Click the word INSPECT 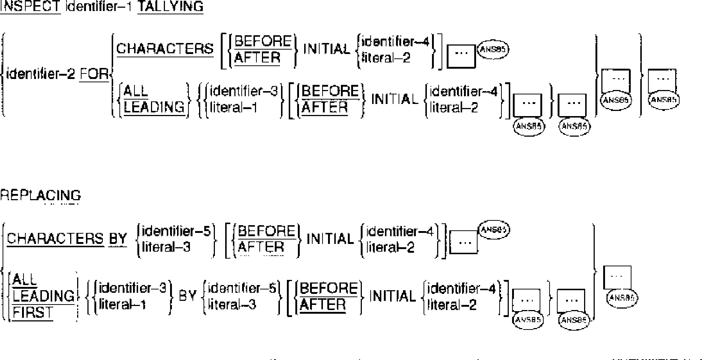pyautogui.click(x=30, y=6)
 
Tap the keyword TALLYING pyautogui.click(x=170, y=6)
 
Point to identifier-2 pyautogui.click(x=40, y=75)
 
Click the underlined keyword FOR pyautogui.click(x=94, y=75)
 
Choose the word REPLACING pyautogui.click(x=40, y=195)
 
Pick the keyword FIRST pyautogui.click(x=33, y=313)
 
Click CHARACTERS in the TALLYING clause pyautogui.click(x=165, y=49)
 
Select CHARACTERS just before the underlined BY pyautogui.click(x=55, y=239)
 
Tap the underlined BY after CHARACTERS pyautogui.click(x=118, y=239)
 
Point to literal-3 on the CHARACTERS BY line pyautogui.click(x=166, y=247)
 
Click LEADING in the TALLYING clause pyautogui.click(x=154, y=107)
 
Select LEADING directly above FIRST pyautogui.click(x=43, y=296)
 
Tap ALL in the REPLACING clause pyautogui.click(x=25, y=280)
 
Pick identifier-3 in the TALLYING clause pyautogui.click(x=244, y=91)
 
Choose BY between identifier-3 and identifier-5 pyautogui.click(x=187, y=296)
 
